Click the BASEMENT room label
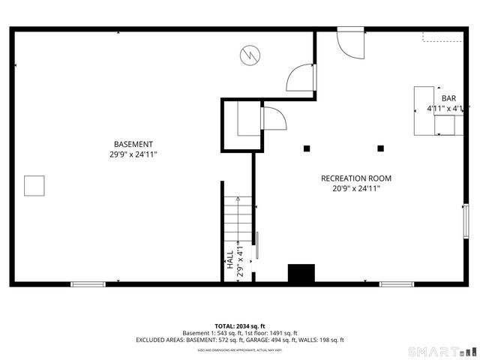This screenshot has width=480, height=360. [x=133, y=144]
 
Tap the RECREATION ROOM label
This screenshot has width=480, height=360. [x=356, y=178]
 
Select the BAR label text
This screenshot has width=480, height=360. [x=448, y=99]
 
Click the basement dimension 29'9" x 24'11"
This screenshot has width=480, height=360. [x=133, y=154]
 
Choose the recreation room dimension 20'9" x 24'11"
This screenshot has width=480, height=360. [x=356, y=189]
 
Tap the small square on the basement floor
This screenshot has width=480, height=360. [x=34, y=185]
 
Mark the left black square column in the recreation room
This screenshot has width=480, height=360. [x=306, y=148]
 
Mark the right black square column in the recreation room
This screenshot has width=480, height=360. [x=380, y=148]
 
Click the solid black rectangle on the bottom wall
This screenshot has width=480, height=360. [x=301, y=274]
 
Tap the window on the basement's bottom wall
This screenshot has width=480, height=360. [x=88, y=284]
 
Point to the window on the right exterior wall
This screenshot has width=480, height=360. [x=466, y=221]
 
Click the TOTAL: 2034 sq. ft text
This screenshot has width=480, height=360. [x=239, y=326]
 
